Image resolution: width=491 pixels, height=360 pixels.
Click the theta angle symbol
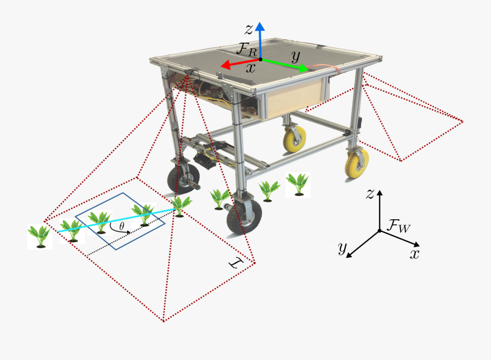click(122, 225)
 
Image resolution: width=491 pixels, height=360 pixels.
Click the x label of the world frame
click(415, 254)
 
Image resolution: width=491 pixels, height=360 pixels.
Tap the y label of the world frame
click(343, 249)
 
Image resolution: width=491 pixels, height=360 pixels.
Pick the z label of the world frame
click(370, 193)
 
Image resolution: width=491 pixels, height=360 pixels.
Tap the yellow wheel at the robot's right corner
click(356, 162)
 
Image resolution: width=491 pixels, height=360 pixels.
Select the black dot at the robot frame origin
click(260, 59)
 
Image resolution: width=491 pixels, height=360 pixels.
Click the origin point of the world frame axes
click(380, 231)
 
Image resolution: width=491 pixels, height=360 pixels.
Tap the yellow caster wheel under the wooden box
click(295, 139)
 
